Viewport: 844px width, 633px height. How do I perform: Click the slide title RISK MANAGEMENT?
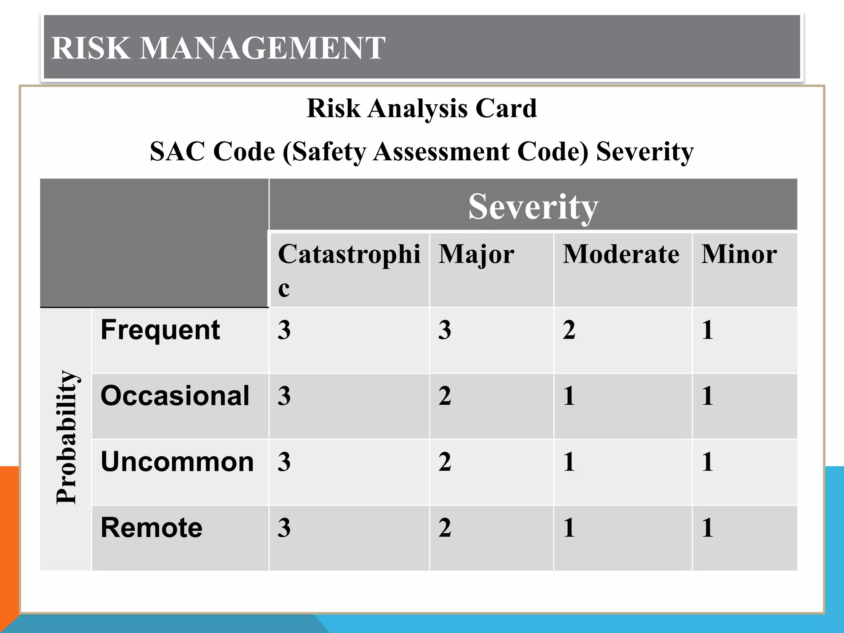(x=218, y=48)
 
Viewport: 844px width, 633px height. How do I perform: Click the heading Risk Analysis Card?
(x=422, y=108)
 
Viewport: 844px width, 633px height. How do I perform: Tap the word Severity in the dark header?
(x=533, y=206)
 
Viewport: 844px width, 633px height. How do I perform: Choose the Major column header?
(x=476, y=254)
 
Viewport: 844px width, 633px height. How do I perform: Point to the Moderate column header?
(x=621, y=254)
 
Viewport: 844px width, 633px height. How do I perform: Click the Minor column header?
(x=739, y=254)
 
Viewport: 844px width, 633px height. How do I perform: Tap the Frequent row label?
(x=160, y=330)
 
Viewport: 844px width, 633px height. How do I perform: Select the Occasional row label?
(x=175, y=396)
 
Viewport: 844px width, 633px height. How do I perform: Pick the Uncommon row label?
(x=177, y=462)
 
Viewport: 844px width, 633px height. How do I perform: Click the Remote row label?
(x=152, y=528)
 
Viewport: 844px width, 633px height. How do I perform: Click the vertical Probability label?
(x=66, y=437)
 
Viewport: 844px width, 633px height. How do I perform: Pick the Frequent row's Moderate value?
(x=569, y=330)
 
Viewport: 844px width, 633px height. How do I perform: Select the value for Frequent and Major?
(x=445, y=330)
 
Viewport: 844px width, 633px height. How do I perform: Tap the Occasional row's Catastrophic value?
(x=284, y=396)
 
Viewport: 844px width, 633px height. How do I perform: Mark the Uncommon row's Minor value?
(x=707, y=462)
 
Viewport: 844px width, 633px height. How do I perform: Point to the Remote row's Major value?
(x=445, y=528)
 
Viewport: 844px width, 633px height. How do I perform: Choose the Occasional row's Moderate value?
(x=569, y=396)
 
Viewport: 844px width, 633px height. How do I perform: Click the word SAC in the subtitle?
(x=177, y=152)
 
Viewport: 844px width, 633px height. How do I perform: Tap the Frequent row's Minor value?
(x=707, y=330)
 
